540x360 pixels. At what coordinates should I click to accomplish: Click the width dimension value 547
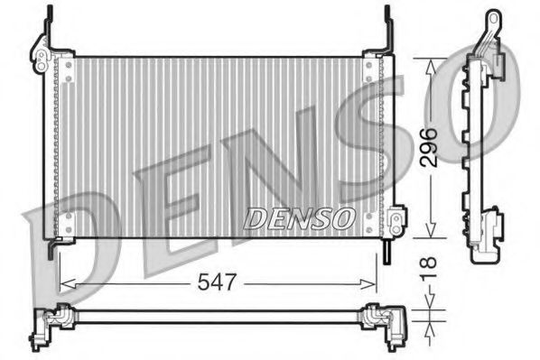217,282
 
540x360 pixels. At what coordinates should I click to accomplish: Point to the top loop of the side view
492,19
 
